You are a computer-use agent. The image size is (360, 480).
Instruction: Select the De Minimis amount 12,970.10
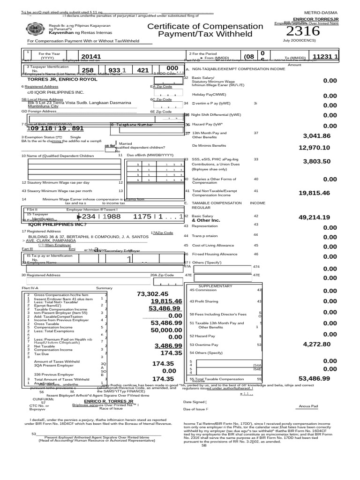(315, 148)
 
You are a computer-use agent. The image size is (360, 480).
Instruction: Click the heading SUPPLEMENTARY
(215, 285)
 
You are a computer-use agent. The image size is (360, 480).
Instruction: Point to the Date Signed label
(195, 402)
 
